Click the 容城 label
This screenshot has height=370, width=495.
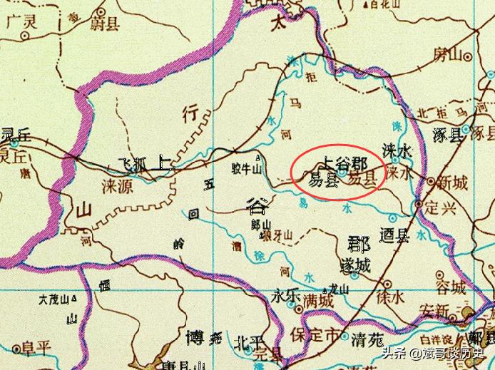(x=449, y=289)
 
